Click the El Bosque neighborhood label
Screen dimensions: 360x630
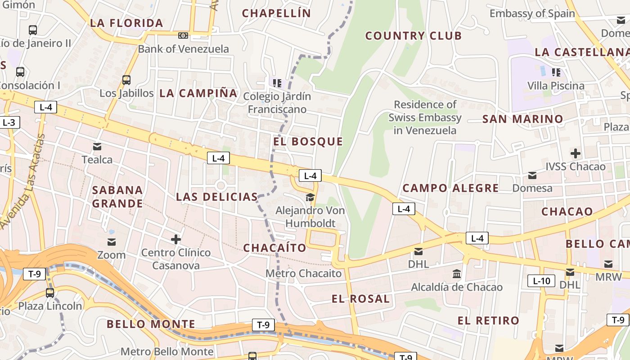coord(308,142)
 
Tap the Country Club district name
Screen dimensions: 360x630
coord(414,36)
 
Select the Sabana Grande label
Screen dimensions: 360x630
coord(117,197)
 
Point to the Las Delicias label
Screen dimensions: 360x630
coord(216,197)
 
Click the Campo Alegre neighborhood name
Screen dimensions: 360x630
coord(450,188)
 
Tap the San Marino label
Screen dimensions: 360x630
coord(523,119)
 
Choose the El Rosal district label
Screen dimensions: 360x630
coord(360,299)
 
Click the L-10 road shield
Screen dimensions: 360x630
coord(541,281)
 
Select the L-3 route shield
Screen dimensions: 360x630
coord(9,122)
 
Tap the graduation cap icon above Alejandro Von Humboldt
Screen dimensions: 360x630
coord(310,197)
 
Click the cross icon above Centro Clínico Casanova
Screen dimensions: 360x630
coord(175,239)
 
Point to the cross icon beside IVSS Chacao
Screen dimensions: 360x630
coord(575,153)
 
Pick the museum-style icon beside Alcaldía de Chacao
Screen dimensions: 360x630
coord(457,274)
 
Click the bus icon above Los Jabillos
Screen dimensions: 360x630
coord(126,80)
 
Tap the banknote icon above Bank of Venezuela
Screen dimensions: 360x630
coord(183,36)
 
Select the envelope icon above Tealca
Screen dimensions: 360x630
coord(97,147)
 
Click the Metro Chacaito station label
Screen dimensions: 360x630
coord(303,274)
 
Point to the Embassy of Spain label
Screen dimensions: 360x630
coord(532,13)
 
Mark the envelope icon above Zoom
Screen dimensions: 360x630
coord(111,243)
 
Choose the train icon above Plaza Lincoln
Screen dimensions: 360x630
coord(50,292)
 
